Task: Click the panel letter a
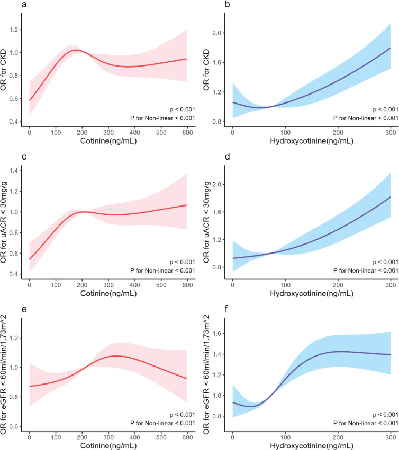tap(24, 5)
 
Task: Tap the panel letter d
tap(228, 157)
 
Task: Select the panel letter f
tap(227, 309)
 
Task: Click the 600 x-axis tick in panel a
tap(187, 132)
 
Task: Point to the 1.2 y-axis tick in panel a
tap(14, 30)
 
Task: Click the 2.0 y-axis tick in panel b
tap(217, 33)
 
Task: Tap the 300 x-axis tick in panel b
tap(391, 132)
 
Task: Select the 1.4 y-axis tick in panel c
tap(14, 171)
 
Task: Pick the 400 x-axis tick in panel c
tap(134, 285)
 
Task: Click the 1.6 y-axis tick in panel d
tap(217, 212)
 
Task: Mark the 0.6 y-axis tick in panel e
tap(14, 426)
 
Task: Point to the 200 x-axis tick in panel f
tap(338, 437)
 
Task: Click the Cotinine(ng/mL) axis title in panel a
tap(108, 141)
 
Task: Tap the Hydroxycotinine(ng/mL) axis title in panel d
tap(312, 293)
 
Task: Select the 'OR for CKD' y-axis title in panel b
tap(206, 70)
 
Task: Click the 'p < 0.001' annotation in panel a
tap(182, 109)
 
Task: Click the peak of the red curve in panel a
tap(76, 50)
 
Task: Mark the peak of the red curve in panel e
tap(116, 356)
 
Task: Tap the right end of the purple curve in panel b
tap(391, 48)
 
